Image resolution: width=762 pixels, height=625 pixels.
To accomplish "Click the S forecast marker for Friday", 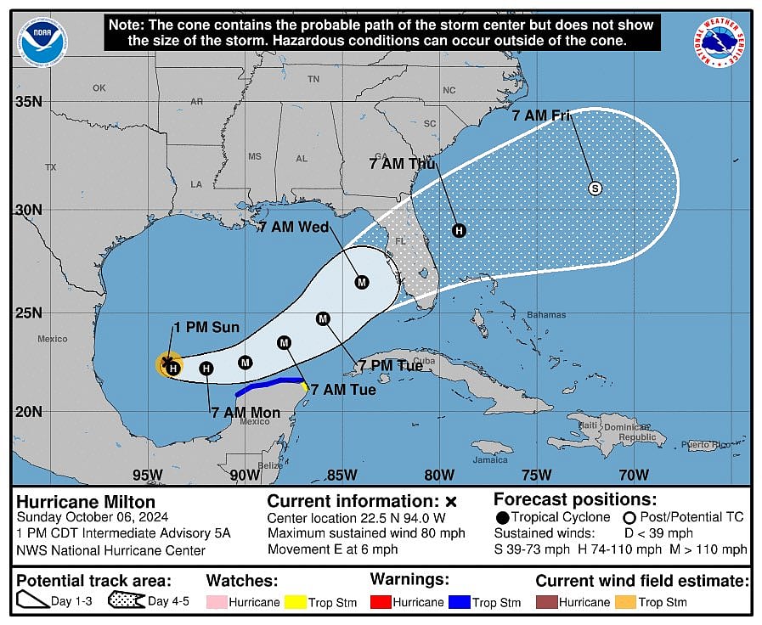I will click(x=595, y=189).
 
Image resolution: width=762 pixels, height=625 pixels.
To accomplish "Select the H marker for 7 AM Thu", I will click(x=460, y=230).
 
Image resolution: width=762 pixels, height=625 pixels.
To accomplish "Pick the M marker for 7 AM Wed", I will click(x=362, y=282).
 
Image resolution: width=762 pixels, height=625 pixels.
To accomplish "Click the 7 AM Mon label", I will click(x=246, y=413).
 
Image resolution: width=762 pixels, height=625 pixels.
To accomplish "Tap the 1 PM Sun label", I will click(x=206, y=328).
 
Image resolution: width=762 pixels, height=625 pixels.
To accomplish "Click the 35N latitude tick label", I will click(x=28, y=102).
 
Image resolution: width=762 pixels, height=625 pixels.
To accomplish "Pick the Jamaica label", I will click(x=490, y=460).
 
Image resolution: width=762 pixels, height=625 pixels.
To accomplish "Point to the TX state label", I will click(x=50, y=167).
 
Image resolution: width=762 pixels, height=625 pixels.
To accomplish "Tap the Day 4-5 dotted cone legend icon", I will click(x=124, y=602).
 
